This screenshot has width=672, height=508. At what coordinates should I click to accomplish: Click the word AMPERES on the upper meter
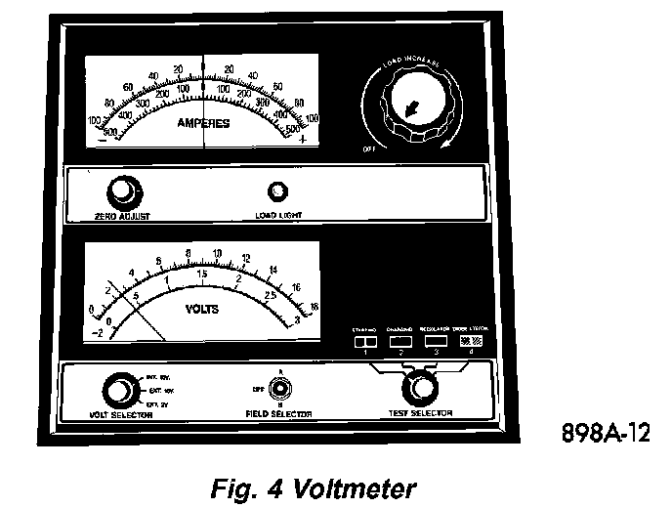pyautogui.click(x=203, y=124)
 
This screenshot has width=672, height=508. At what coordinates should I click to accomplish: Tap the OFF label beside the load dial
pyautogui.click(x=368, y=149)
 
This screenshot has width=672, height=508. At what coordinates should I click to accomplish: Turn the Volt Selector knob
pyautogui.click(x=118, y=390)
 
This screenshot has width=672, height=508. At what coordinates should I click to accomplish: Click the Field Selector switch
pyautogui.click(x=279, y=389)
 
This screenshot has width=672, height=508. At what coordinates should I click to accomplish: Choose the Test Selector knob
pyautogui.click(x=422, y=388)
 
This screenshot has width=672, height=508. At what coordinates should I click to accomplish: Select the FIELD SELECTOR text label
pyautogui.click(x=280, y=413)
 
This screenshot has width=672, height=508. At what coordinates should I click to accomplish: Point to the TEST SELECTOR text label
pyautogui.click(x=422, y=413)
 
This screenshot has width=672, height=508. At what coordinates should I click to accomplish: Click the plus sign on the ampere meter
pyautogui.click(x=302, y=140)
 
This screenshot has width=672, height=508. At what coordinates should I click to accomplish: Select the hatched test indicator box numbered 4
pyautogui.click(x=472, y=342)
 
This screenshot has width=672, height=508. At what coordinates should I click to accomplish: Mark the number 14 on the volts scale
pyautogui.click(x=273, y=270)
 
